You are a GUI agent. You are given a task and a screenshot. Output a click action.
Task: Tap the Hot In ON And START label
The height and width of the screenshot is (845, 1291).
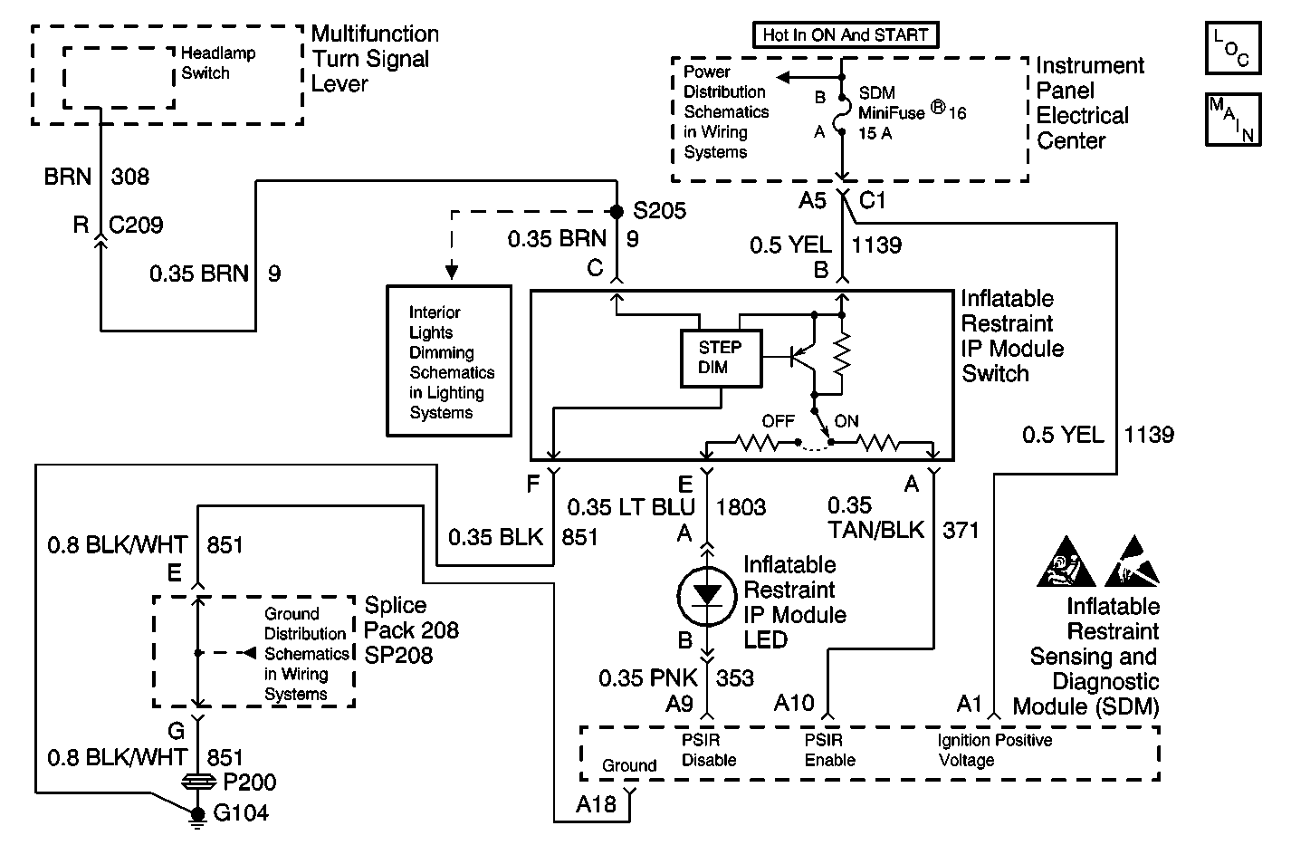(846, 35)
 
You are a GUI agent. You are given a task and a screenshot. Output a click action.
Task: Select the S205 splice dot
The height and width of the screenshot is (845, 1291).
(617, 212)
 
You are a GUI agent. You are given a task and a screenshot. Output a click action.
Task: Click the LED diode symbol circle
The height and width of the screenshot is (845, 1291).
(707, 593)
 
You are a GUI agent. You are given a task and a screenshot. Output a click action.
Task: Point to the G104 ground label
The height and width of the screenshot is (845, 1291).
(241, 812)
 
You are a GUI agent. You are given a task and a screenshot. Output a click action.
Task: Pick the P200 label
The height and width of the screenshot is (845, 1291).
(249, 783)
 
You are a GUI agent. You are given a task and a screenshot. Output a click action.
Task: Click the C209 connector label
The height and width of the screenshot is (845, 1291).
(136, 225)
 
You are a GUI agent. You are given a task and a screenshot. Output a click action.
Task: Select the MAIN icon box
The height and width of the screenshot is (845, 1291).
(1233, 119)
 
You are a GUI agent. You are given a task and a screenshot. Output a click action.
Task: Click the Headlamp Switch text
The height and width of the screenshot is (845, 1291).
(218, 63)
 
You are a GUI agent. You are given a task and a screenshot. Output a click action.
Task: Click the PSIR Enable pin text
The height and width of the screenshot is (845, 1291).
(829, 750)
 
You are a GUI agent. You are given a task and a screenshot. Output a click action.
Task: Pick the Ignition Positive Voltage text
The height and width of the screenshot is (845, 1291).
(994, 750)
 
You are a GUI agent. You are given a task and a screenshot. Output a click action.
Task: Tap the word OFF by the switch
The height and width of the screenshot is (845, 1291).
(778, 421)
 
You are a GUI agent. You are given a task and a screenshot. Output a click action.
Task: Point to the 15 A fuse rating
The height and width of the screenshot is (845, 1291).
(875, 134)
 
